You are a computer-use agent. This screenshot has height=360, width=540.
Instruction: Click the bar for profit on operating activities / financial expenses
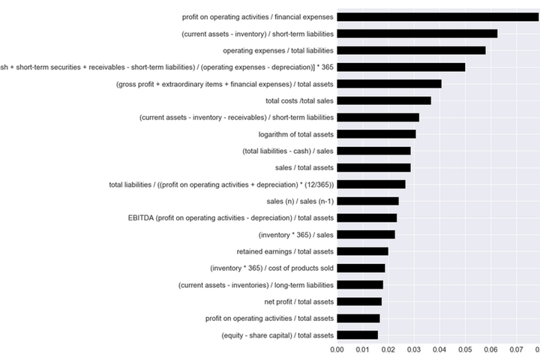438,16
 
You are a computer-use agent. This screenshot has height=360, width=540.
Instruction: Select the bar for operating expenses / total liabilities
411,50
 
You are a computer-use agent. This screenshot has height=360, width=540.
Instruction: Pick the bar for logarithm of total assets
376,134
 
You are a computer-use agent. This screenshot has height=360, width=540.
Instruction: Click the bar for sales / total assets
373,167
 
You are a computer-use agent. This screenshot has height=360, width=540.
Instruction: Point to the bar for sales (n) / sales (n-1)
367,201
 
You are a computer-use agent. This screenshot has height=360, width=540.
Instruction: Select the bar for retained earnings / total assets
362,251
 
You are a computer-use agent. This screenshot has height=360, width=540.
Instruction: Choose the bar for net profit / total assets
359,301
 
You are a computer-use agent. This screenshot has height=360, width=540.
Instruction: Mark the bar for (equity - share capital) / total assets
357,335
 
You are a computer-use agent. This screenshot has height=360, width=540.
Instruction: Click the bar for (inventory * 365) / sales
366,235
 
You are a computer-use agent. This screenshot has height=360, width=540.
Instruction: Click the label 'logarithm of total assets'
295,134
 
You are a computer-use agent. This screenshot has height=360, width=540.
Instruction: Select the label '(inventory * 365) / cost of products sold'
271,268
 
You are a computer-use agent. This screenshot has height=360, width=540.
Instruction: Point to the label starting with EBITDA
231,218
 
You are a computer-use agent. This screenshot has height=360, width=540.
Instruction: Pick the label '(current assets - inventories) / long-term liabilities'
256,285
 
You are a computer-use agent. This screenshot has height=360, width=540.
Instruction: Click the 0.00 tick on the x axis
337,349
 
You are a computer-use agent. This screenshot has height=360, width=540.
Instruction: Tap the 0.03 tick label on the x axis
414,349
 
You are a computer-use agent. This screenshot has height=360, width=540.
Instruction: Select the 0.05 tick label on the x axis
465,349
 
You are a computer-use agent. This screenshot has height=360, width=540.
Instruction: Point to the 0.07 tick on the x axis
517,349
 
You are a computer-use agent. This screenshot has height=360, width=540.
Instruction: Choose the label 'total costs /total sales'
300,100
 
